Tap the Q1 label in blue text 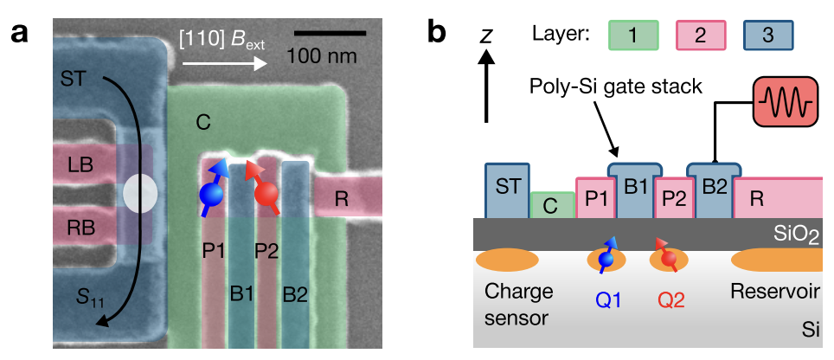606,303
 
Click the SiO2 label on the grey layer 798,235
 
